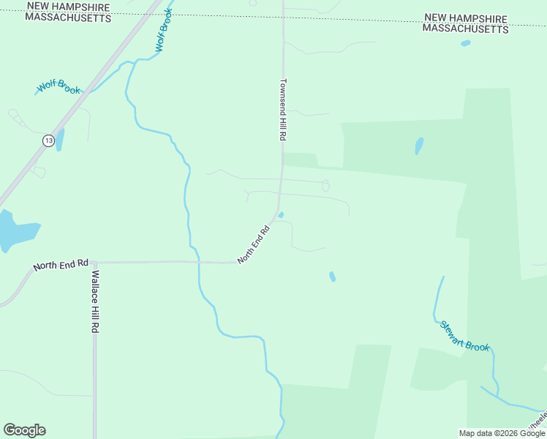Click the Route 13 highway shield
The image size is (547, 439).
pos(48,140)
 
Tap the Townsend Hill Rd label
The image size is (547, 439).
pos(282,110)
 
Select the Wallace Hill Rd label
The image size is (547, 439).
pos(94,301)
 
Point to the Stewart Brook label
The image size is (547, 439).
pos(464,336)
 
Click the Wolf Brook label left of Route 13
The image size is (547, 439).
pos(59,88)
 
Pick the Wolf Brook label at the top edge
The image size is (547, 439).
pos(163,30)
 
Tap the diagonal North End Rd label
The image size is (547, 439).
pos(254,244)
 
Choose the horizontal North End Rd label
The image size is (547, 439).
pos(61,264)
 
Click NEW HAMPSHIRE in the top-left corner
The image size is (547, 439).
pos(68,7)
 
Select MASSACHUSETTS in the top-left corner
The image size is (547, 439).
pos(68,18)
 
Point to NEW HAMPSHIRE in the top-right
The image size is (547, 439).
pos(465,18)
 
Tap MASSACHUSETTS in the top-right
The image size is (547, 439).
pos(465,29)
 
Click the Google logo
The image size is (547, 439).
pos(24,430)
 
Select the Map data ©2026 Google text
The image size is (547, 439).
pos(502,433)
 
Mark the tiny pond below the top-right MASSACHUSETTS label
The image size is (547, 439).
pos(466,43)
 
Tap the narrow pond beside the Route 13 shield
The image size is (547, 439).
pos(60,139)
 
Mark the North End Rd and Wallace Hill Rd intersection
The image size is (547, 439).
pos(94,262)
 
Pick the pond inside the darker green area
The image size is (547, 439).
pos(419,146)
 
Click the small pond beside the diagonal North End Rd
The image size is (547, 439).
pos(282,214)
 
